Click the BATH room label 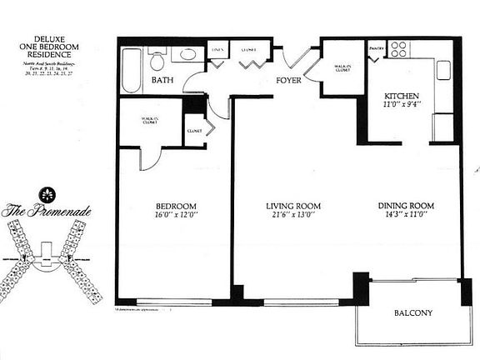click(x=162, y=81)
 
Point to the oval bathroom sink click(x=187, y=56)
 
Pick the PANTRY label click(x=376, y=48)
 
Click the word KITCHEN click(x=400, y=96)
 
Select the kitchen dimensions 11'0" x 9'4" click(x=400, y=106)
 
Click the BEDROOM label click(x=175, y=206)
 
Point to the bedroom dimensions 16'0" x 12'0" click(x=175, y=216)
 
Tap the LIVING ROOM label click(x=293, y=206)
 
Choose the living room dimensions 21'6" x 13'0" click(x=293, y=216)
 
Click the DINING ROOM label click(x=407, y=206)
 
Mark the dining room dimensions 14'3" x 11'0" click(x=407, y=216)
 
